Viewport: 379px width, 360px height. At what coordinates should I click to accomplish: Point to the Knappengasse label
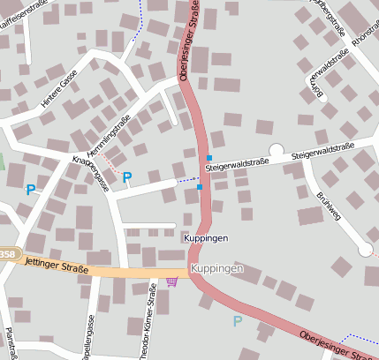[90, 172]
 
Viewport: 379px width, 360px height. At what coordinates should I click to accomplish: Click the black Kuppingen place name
[205, 238]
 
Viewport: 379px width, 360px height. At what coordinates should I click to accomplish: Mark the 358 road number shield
[7, 254]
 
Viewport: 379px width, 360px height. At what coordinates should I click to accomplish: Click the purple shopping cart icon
[171, 281]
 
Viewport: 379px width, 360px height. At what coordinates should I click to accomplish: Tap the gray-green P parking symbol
[237, 322]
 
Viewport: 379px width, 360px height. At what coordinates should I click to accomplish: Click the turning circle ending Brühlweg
[365, 250]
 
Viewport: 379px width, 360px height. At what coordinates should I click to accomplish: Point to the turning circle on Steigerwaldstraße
[276, 151]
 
